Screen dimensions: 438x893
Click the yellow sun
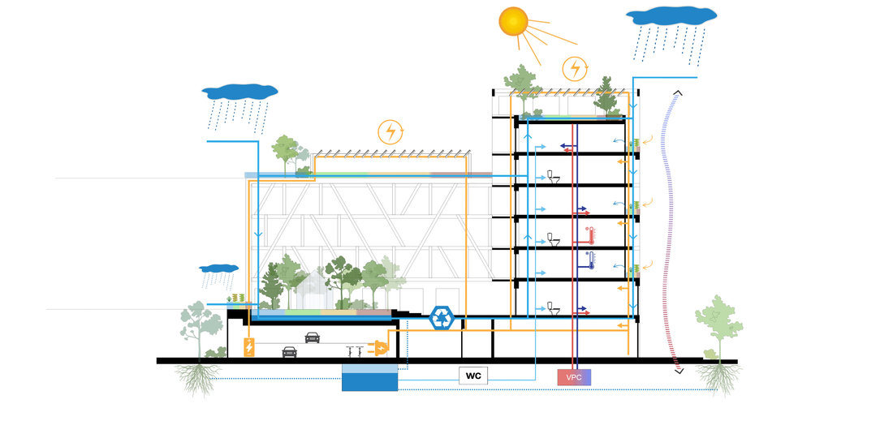(513, 22)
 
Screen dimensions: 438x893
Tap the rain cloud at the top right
(671, 15)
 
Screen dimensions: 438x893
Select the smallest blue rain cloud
(219, 268)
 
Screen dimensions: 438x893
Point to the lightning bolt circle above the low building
(390, 131)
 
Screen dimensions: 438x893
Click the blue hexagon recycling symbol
(441, 318)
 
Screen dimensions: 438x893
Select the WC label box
(474, 376)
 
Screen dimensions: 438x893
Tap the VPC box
(574, 376)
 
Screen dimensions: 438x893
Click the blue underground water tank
(369, 377)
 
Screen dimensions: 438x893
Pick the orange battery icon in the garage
(249, 347)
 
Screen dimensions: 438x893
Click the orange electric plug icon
(378, 347)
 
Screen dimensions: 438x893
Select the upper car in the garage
(313, 337)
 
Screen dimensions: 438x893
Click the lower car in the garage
(289, 352)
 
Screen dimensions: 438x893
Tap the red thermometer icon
(591, 236)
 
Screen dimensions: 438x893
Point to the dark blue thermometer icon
(592, 260)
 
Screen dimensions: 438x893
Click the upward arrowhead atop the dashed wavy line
(677, 92)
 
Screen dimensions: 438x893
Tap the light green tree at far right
(718, 324)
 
